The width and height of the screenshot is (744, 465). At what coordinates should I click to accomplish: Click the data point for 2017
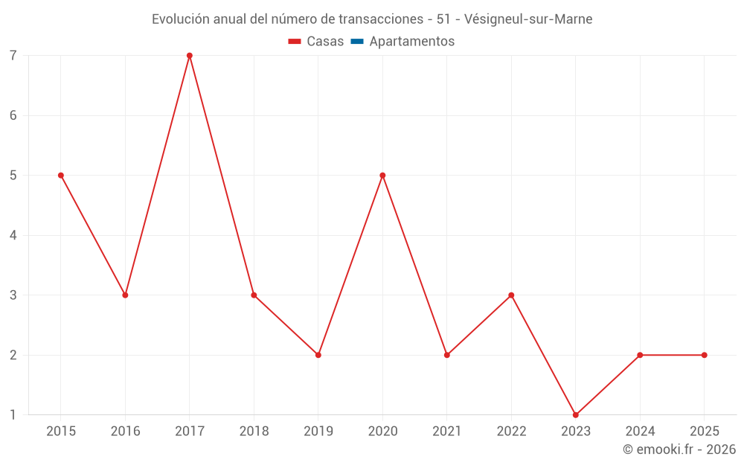pos(190,56)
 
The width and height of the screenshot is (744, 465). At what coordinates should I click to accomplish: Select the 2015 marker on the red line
pos(61,176)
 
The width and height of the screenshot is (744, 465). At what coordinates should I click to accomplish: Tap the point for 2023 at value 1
pos(576,415)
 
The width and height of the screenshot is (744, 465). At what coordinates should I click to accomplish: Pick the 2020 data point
pos(382,176)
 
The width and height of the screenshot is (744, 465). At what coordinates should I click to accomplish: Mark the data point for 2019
pos(318,355)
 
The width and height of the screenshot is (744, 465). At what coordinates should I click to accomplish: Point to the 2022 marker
pos(511,295)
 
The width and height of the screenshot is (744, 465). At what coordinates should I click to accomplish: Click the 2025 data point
pos(705,355)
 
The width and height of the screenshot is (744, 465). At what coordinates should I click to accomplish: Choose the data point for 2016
pos(125,295)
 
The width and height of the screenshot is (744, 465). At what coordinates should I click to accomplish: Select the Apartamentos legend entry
pos(411,42)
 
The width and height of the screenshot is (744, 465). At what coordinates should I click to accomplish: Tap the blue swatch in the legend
pos(356,42)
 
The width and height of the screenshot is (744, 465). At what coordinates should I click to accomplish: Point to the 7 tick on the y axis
pos(13,56)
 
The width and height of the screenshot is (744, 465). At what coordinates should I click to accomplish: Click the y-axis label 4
pos(13,235)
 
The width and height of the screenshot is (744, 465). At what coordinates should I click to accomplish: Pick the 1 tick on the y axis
pos(13,415)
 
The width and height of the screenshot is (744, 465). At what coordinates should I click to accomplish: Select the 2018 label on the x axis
pos(254,431)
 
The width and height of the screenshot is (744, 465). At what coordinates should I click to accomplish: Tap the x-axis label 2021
pos(447,431)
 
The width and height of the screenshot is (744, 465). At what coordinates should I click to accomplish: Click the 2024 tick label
pos(640,431)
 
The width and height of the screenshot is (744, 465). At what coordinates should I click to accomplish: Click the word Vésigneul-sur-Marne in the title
pos(528,19)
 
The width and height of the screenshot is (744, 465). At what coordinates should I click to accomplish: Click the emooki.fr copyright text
pos(679,449)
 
